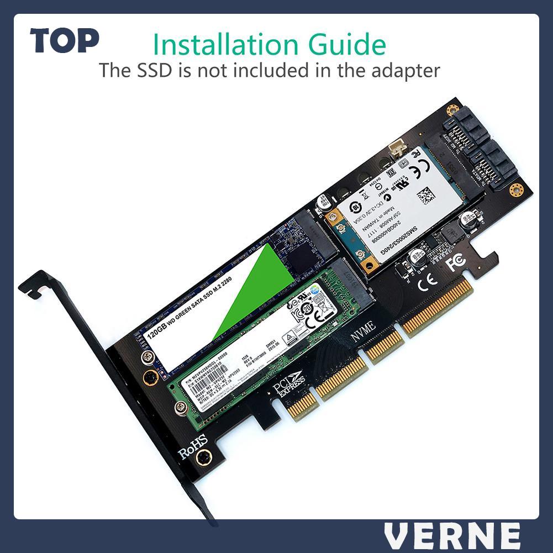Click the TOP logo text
(65, 41)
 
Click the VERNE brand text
(452, 536)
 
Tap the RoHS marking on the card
(192, 446)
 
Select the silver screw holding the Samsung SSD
(180, 408)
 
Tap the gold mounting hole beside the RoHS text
(204, 457)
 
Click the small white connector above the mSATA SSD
(396, 149)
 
